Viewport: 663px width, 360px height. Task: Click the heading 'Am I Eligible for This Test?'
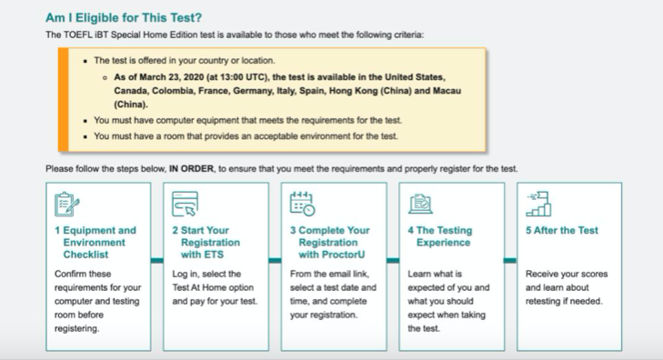pyautogui.click(x=124, y=18)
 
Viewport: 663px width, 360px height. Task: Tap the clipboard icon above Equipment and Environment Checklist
pyautogui.click(x=66, y=204)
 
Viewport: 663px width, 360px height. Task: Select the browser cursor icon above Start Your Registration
pyautogui.click(x=185, y=204)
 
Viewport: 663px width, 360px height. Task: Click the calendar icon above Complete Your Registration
pyautogui.click(x=302, y=204)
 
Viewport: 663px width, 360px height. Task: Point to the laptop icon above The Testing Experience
pyautogui.click(x=420, y=204)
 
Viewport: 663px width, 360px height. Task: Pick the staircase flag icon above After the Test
pyautogui.click(x=538, y=204)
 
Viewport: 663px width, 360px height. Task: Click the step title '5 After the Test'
pyautogui.click(x=562, y=230)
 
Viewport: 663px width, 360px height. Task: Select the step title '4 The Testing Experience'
pyautogui.click(x=440, y=236)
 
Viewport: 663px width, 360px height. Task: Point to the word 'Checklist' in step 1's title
pyautogui.click(x=85, y=255)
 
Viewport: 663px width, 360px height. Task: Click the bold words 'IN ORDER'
pyautogui.click(x=192, y=168)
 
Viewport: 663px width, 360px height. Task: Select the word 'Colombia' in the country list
pyautogui.click(x=170, y=91)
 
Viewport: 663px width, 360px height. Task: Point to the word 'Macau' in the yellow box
pyautogui.click(x=447, y=91)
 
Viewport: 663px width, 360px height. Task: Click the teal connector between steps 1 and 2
pyautogui.click(x=156, y=260)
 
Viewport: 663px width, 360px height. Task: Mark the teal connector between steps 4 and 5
pyautogui.click(x=510, y=260)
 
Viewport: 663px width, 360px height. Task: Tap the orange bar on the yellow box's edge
pyautogui.click(x=64, y=100)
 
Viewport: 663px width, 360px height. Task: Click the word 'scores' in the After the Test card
pyautogui.click(x=594, y=274)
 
